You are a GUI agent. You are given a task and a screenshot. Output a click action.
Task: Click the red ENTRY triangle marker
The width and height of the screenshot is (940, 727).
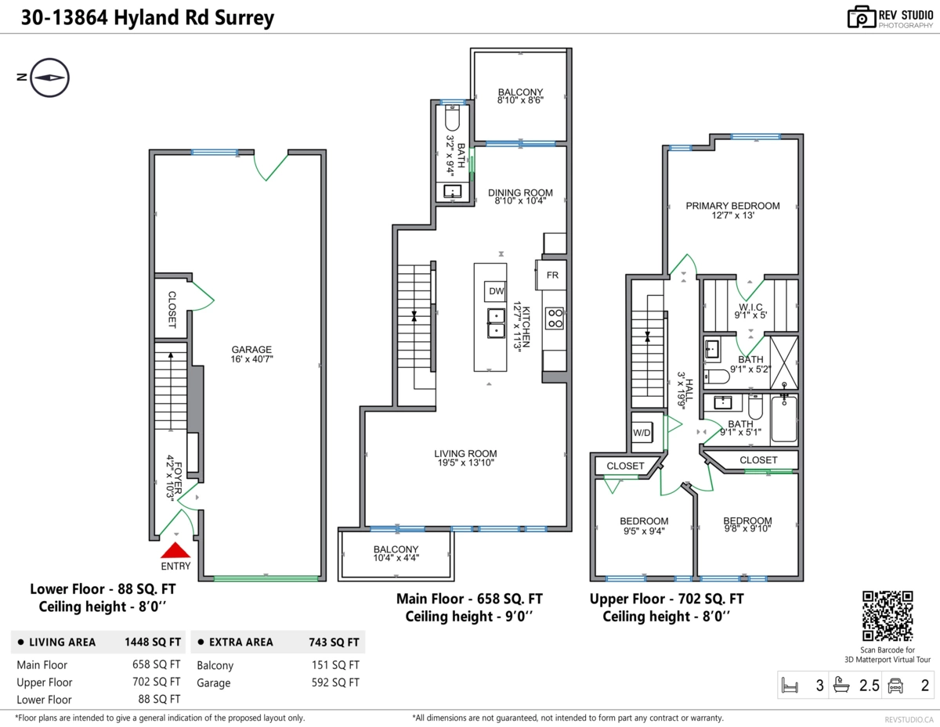tap(176, 551)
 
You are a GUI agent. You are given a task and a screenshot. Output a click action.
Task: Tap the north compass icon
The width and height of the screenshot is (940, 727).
tap(50, 77)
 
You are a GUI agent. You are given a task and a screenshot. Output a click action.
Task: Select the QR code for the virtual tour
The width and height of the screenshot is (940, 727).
tap(888, 616)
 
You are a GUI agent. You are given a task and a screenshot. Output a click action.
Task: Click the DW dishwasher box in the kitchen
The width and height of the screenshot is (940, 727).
tap(497, 292)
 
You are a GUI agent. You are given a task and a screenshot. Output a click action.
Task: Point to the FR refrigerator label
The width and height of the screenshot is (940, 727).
tap(552, 275)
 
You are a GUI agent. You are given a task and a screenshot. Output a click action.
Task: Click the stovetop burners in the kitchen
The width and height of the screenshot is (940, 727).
tap(554, 317)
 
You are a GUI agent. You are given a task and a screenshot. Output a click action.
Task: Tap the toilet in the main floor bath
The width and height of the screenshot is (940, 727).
tap(453, 120)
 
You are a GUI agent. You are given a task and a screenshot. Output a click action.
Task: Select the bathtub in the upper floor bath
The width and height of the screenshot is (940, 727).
tap(783, 420)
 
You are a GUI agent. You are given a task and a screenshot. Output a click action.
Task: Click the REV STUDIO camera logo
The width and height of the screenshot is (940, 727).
tap(861, 16)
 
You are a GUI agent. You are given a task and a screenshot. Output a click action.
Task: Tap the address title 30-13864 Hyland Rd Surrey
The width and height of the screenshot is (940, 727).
tap(148, 18)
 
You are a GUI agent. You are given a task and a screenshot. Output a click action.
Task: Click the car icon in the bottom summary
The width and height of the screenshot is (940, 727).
tap(895, 686)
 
